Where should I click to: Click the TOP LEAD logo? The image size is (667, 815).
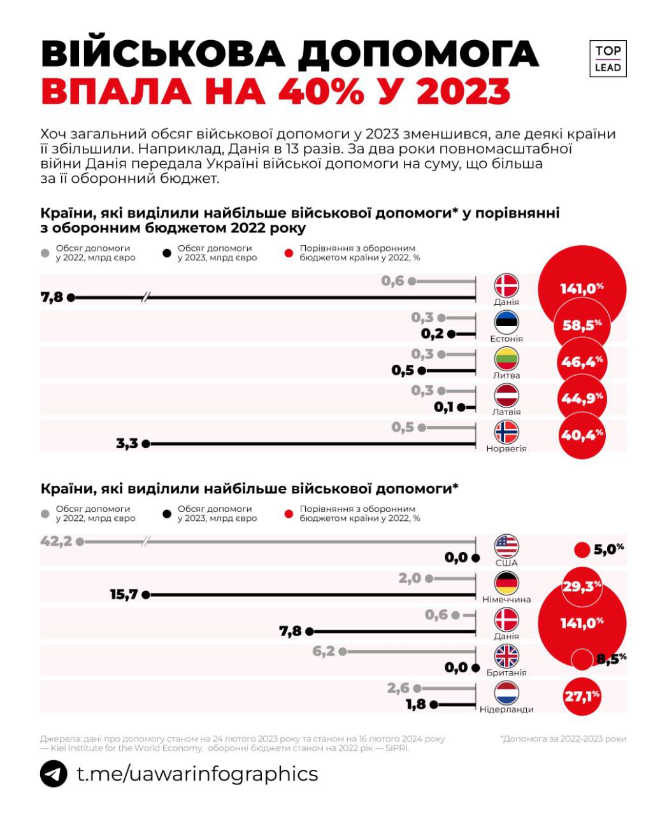(x=608, y=59)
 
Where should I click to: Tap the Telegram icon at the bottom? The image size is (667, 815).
(x=54, y=774)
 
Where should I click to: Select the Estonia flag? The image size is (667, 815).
(x=507, y=322)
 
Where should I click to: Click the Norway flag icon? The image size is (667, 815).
(x=507, y=432)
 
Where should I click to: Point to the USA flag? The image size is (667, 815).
(x=507, y=546)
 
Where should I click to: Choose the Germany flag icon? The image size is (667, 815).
(x=507, y=583)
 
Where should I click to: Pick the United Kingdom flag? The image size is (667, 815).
(x=507, y=656)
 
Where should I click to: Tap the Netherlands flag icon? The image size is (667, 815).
(x=507, y=693)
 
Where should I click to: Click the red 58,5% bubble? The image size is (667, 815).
(x=582, y=325)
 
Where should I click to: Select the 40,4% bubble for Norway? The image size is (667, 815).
(x=582, y=436)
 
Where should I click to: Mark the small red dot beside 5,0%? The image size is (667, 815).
(x=582, y=550)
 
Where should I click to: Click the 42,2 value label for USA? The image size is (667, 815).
(x=55, y=542)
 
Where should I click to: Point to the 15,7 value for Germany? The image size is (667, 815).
(x=124, y=595)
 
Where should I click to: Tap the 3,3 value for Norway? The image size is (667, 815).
(x=127, y=444)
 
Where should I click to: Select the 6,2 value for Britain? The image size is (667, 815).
(x=324, y=651)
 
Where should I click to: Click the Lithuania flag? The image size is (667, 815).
(x=507, y=358)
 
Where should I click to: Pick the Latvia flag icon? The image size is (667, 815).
(x=507, y=395)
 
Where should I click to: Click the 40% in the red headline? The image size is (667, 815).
(x=321, y=91)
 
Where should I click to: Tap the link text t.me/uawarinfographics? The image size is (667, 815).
(x=197, y=774)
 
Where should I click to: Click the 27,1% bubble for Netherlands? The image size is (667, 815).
(x=582, y=697)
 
